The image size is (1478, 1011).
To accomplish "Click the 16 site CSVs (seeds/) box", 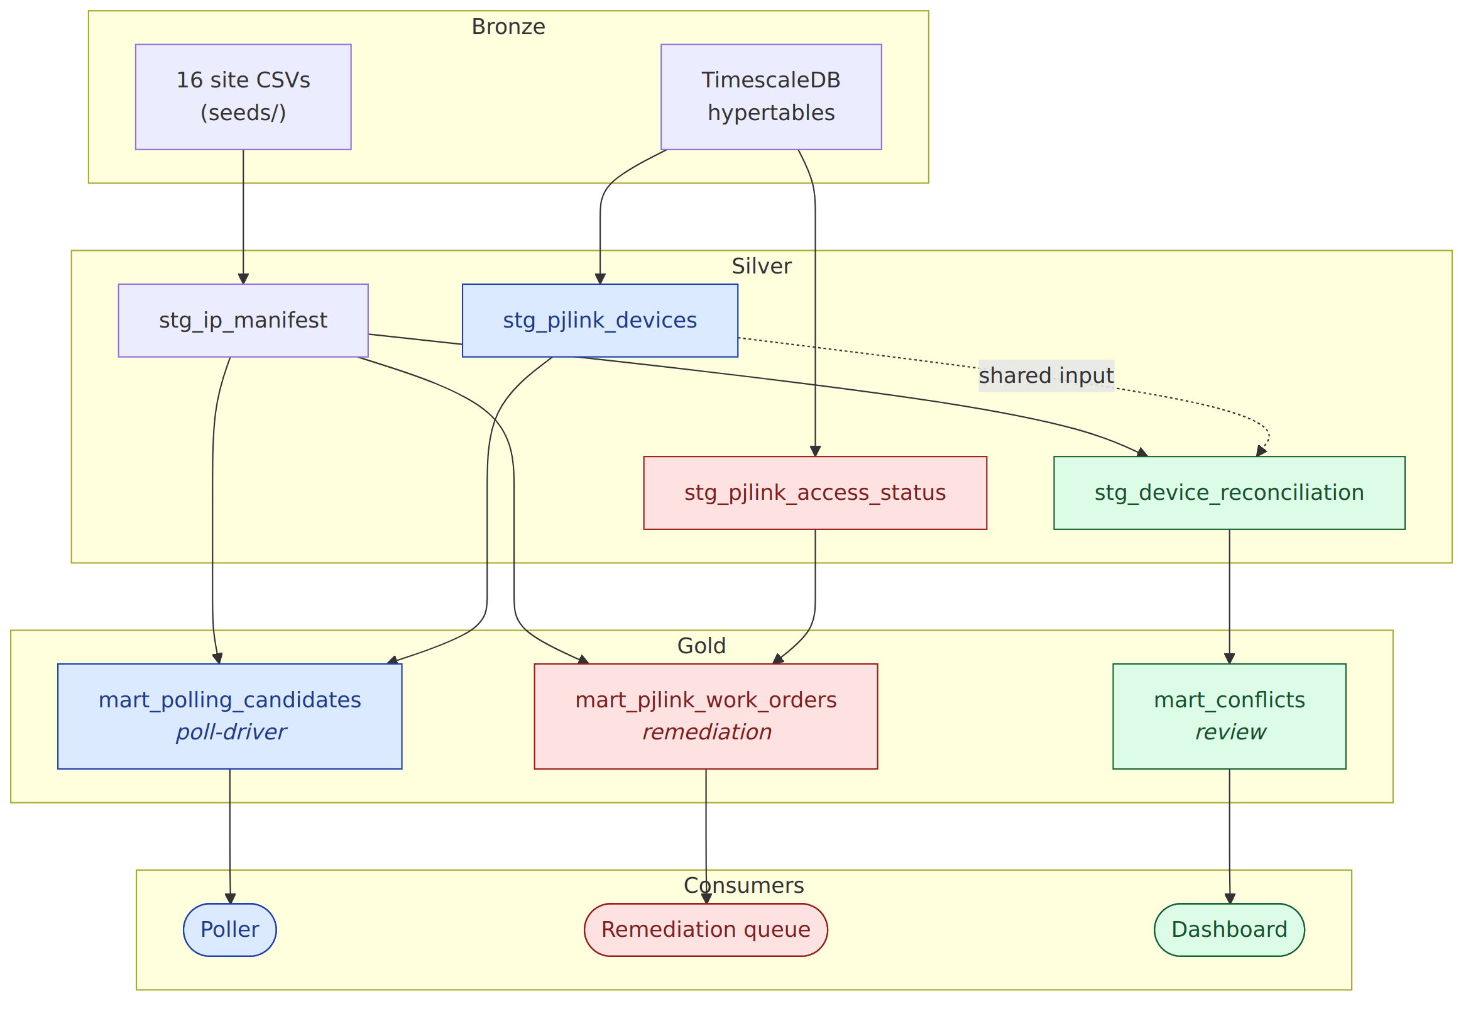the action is click(243, 97).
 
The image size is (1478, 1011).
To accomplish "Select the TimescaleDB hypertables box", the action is click(771, 97).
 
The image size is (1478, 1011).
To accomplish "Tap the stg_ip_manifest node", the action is click(243, 320).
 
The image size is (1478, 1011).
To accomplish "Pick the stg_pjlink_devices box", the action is click(599, 320).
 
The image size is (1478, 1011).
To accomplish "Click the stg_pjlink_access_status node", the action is click(814, 492).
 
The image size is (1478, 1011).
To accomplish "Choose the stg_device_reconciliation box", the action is click(1229, 492).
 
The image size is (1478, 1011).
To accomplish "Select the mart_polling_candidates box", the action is click(229, 716).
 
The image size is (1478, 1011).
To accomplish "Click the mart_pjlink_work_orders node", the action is click(706, 716).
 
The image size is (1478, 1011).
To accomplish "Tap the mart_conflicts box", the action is click(1229, 716).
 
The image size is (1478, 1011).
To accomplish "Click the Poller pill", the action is click(229, 929).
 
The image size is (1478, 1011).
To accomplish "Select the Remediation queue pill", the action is click(706, 929).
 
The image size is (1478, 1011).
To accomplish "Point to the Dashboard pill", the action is click(1229, 929).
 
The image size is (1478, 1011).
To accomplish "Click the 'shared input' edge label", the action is click(1046, 375).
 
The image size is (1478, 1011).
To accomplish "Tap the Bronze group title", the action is click(508, 27).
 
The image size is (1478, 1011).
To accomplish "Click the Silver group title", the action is click(761, 266).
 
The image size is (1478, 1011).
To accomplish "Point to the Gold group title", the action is click(701, 646).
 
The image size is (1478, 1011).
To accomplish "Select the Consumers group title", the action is click(743, 885).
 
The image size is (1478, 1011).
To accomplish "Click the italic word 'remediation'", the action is click(706, 732).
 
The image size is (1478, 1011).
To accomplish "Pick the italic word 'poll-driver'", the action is click(231, 732).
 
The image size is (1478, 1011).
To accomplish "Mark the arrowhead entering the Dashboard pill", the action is click(1229, 898).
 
